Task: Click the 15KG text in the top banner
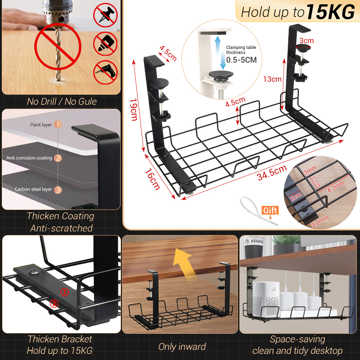[x=330, y=12]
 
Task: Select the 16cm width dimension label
[x=153, y=179]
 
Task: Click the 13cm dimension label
[x=272, y=79]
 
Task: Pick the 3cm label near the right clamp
[x=306, y=41]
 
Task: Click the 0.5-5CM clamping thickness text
[x=241, y=60]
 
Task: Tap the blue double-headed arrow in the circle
[x=218, y=53]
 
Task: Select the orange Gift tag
[x=270, y=211]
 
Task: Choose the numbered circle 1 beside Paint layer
[x=58, y=125]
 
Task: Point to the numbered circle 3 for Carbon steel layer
[x=58, y=189]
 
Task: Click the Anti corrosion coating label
[x=29, y=158]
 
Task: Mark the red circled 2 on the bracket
[x=54, y=303]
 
